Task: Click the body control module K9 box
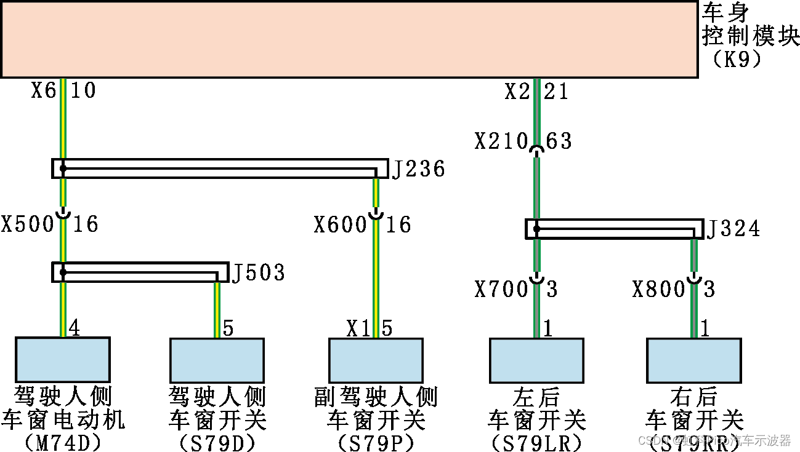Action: coord(349,39)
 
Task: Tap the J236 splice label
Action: coord(418,169)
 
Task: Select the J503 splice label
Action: coord(259,272)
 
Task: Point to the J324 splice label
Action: coord(733,229)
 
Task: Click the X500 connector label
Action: coord(27,224)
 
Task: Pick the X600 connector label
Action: coord(341,224)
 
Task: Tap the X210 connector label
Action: coord(501,141)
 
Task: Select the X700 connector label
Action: coord(501,288)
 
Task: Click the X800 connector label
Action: coord(658,288)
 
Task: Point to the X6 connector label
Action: coord(44,91)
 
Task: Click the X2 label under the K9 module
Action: coord(517,92)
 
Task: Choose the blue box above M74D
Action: coord(63,360)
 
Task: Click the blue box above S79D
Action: coord(217,360)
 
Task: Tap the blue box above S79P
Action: coord(376,360)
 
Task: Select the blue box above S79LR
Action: coord(536,360)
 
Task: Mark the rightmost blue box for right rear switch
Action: coord(693,360)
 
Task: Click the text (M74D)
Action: coord(62,442)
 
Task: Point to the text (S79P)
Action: coord(376,442)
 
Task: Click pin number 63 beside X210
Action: coord(559,141)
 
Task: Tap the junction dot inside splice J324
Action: coord(536,229)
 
